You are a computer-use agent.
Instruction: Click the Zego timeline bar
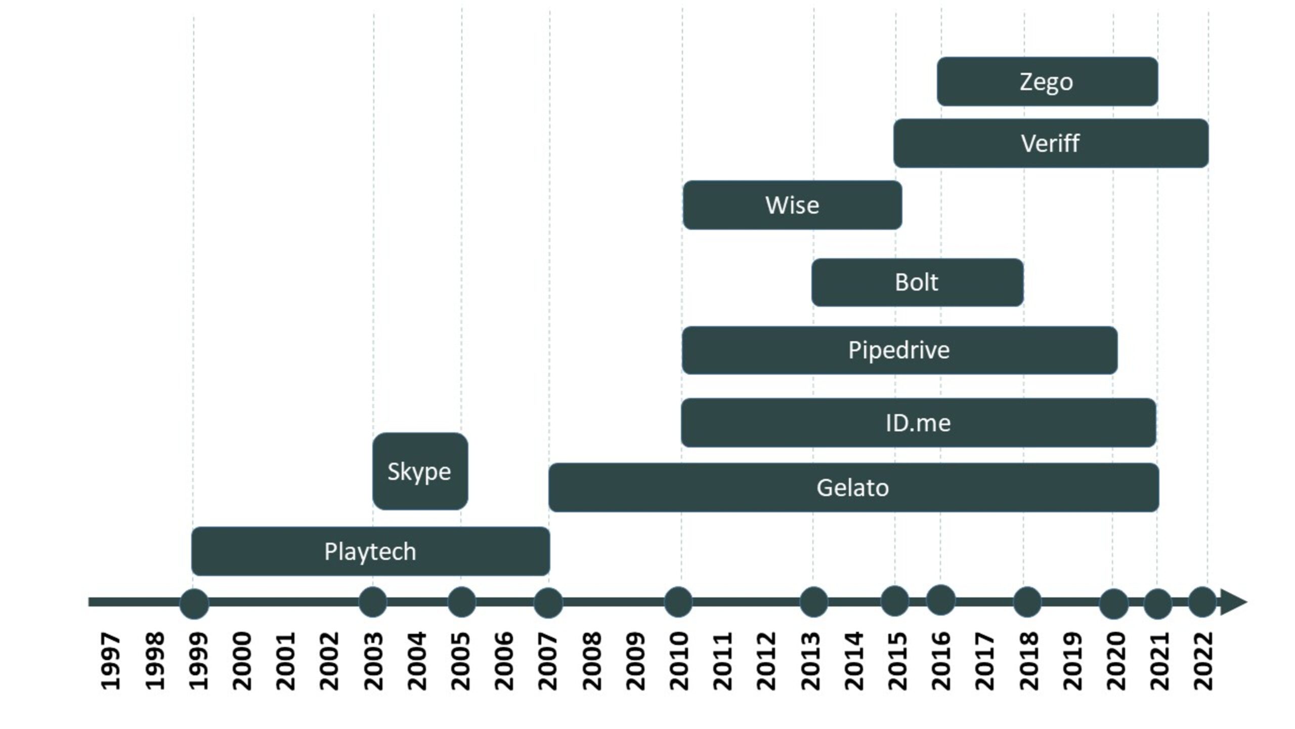1047,82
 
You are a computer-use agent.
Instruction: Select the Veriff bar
1051,143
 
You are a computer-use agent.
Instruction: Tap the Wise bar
792,205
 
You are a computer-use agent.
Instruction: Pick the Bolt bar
917,282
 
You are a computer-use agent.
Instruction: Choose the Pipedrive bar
899,350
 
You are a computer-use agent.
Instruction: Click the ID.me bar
918,423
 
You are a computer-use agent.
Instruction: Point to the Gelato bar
853,488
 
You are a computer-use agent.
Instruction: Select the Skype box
420,471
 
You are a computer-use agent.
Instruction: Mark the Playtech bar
370,551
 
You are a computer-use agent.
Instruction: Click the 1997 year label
111,661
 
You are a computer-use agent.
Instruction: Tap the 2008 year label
592,661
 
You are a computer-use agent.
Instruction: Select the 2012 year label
766,661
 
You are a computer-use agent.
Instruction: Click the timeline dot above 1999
194,603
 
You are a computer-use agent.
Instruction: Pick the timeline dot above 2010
678,602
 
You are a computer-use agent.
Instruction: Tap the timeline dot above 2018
1027,602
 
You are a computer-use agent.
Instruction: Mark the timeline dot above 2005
461,602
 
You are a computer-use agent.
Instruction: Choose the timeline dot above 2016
940,600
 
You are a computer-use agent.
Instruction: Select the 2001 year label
286,661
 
